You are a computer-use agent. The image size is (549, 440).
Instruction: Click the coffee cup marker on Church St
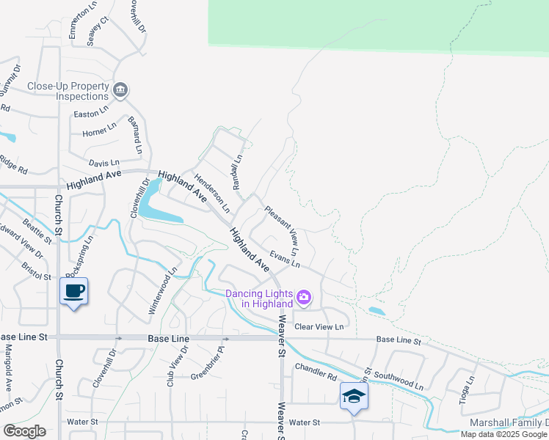pos(73,291)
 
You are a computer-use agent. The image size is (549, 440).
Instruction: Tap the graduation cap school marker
pos(354,397)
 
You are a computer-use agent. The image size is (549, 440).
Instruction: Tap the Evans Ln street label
pos(286,259)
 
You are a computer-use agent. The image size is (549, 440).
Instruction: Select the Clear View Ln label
pos(319,327)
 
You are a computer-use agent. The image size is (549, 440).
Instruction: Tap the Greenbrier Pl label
pos(208,371)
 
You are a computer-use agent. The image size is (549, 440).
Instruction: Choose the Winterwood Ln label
pos(164,291)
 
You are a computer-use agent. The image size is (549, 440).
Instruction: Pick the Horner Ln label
pos(100,132)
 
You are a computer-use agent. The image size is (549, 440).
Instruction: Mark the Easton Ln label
pos(91,114)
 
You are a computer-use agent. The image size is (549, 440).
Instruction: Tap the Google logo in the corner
pos(24,432)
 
